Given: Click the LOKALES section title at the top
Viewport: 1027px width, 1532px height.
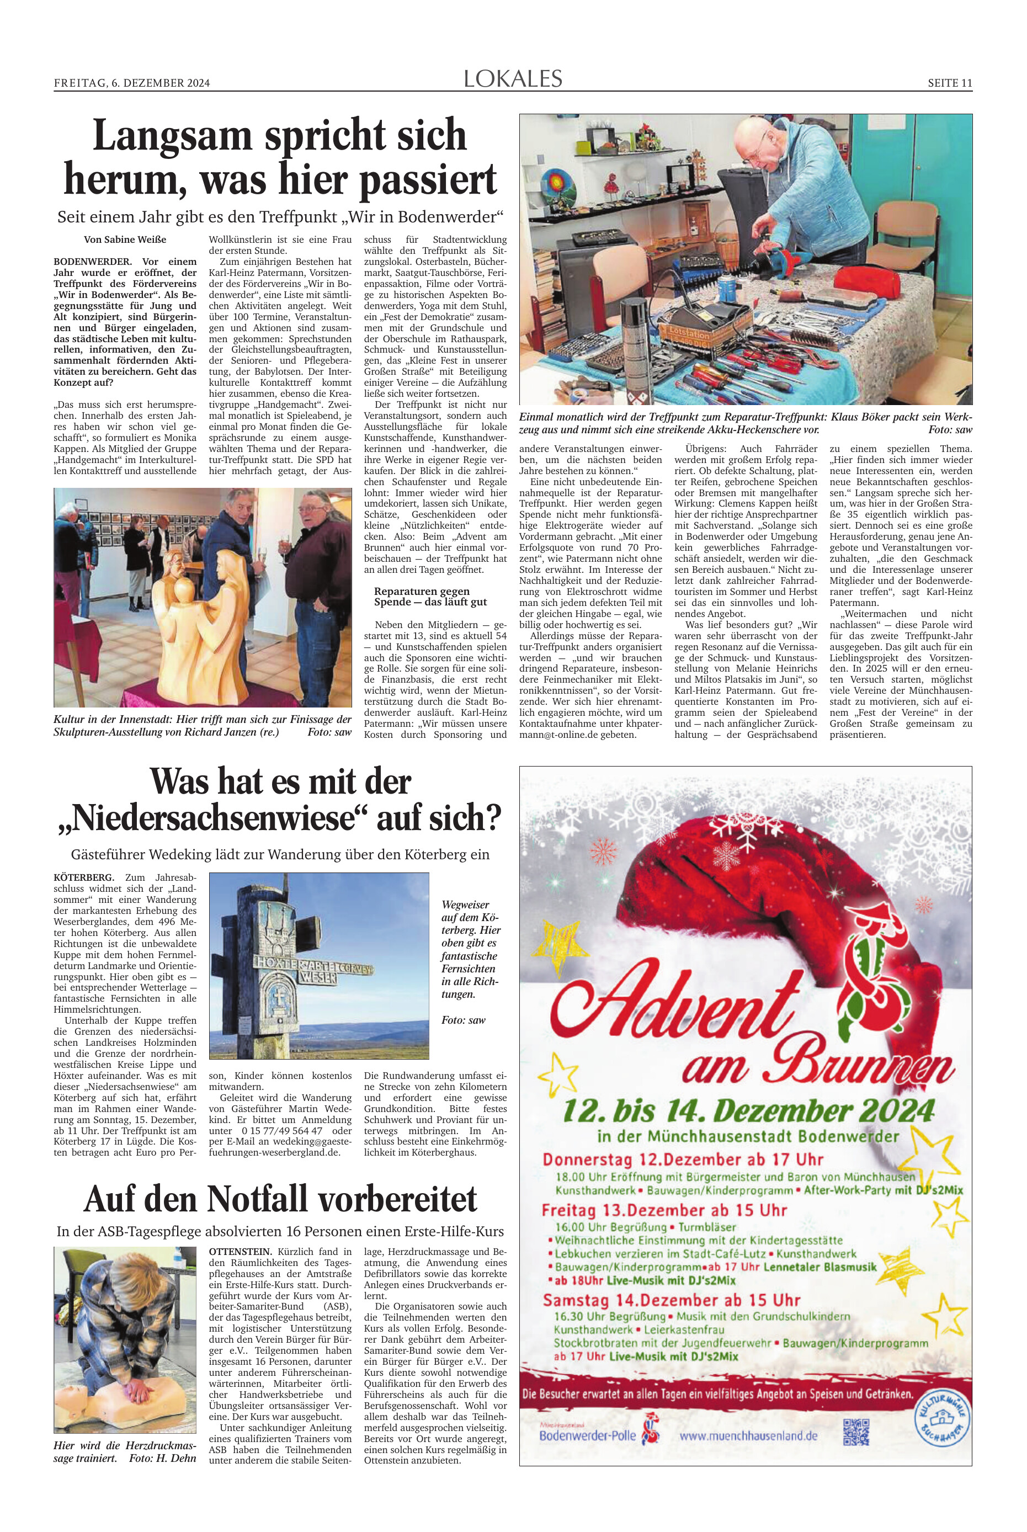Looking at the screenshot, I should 513,79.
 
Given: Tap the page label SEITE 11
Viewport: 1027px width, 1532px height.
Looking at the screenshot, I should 949,83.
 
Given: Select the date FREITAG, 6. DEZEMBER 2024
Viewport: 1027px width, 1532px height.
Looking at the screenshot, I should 132,83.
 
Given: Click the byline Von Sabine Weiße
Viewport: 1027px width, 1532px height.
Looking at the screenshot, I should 125,240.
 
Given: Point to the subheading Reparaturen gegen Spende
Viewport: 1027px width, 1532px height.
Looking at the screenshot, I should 430,597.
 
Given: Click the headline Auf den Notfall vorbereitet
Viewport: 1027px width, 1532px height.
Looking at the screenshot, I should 280,1200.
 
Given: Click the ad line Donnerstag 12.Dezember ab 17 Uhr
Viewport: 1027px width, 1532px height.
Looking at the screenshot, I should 683,1160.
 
